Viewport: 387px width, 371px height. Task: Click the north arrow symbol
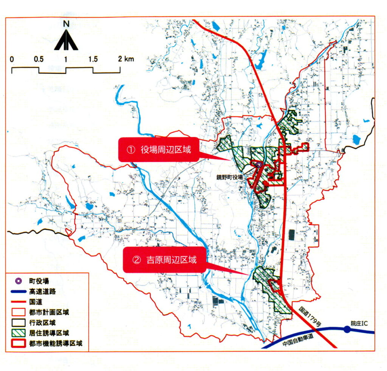[66, 40]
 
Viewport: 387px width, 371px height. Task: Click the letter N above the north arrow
[66, 23]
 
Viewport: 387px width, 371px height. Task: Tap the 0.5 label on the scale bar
[38, 59]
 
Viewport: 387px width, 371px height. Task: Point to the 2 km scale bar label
[125, 59]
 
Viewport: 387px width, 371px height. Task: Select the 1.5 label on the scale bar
[93, 59]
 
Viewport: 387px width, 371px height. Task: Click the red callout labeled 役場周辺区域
[158, 150]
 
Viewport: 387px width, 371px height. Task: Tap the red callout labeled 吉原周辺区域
[164, 260]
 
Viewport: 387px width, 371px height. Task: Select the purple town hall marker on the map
[259, 165]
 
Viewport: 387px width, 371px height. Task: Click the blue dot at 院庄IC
[347, 329]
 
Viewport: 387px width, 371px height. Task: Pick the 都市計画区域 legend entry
[46, 313]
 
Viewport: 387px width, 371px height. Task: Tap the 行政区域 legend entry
[42, 323]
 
